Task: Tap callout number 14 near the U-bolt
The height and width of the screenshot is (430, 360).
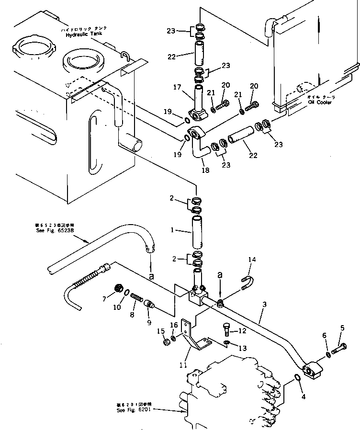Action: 252,259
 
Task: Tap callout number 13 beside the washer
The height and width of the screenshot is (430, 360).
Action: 242,348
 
